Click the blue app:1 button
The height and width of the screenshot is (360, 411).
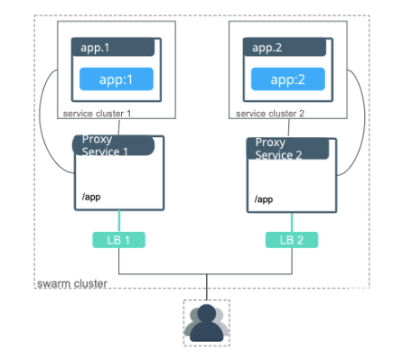click(x=115, y=78)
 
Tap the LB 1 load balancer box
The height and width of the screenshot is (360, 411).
click(x=117, y=240)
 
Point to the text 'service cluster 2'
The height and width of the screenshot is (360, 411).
click(x=271, y=115)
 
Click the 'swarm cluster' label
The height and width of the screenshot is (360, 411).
click(x=72, y=284)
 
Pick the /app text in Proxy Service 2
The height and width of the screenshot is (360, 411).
click(x=264, y=198)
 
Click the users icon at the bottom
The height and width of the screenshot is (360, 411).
click(x=207, y=321)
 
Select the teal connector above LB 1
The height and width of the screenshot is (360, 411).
click(x=117, y=221)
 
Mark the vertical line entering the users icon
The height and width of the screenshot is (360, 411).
click(x=207, y=287)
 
